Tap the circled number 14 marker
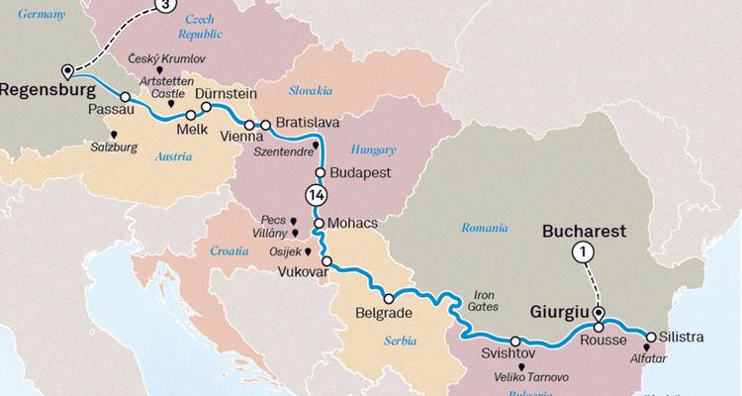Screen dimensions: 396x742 317,195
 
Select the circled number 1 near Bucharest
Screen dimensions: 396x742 584,252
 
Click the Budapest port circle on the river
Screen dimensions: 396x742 321,172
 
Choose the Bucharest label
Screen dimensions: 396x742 584,231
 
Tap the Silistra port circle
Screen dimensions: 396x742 650,337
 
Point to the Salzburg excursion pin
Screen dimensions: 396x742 116,135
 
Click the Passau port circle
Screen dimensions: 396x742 126,97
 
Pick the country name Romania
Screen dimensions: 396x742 485,228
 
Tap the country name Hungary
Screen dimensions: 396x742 373,150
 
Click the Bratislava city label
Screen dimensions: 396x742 308,122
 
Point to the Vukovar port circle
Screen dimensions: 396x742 326,261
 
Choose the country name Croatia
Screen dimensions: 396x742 230,251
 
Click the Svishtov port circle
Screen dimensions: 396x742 515,341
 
